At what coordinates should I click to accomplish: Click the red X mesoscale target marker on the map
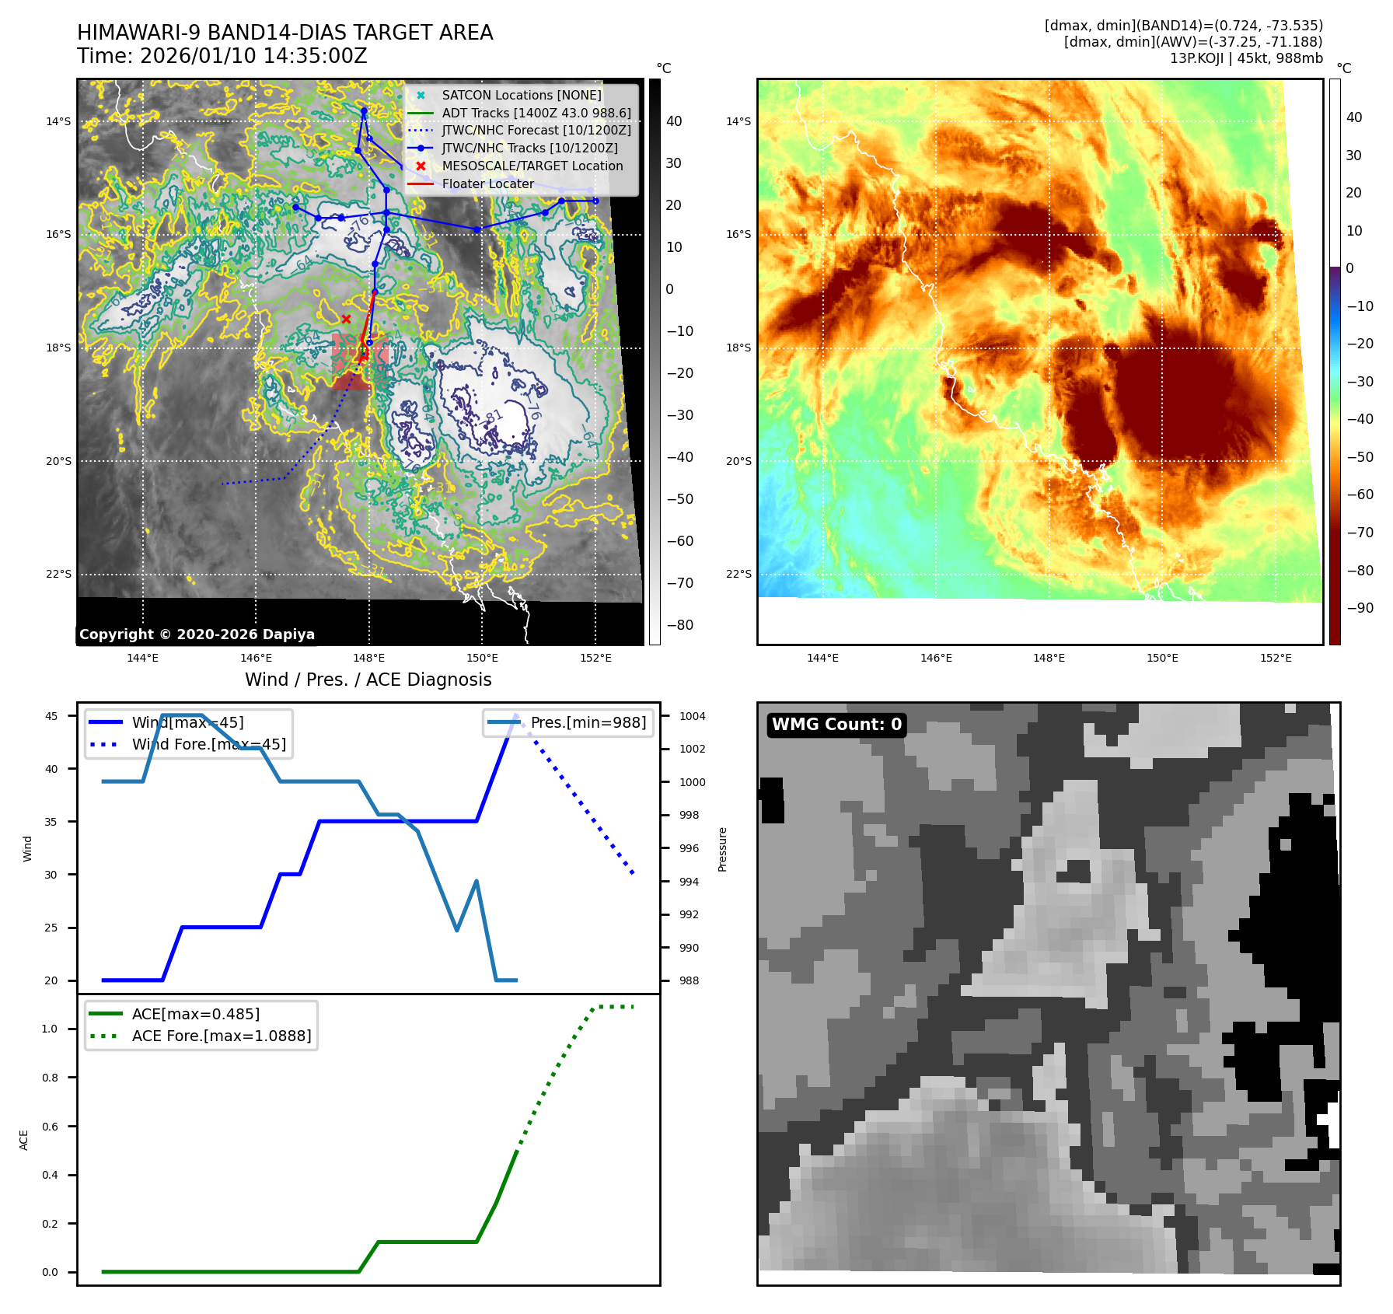(x=346, y=319)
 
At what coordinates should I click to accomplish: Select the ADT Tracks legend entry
(x=536, y=113)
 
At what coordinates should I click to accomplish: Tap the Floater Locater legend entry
(x=487, y=184)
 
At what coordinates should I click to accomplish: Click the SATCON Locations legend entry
(x=521, y=95)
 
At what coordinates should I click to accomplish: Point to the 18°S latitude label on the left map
(x=58, y=348)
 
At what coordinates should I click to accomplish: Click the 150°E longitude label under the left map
(x=482, y=658)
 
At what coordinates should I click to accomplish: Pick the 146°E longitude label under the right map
(x=936, y=658)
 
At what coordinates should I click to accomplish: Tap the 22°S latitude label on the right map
(x=738, y=574)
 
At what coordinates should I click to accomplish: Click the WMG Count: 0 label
(x=836, y=725)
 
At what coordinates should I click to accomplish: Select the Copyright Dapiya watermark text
(x=197, y=634)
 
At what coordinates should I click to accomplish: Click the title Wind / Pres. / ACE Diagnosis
(x=368, y=680)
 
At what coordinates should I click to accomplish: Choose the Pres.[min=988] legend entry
(x=588, y=722)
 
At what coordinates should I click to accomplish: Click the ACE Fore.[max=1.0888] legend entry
(x=221, y=1036)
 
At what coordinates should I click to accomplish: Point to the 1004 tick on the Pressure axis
(x=692, y=716)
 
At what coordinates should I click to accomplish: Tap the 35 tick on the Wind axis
(x=51, y=822)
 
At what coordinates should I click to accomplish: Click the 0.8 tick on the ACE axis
(x=50, y=1078)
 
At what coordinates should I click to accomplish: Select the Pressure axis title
(x=723, y=849)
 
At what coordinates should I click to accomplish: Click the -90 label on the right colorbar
(x=1360, y=608)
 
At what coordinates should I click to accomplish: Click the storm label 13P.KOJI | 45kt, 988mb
(x=1246, y=58)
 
